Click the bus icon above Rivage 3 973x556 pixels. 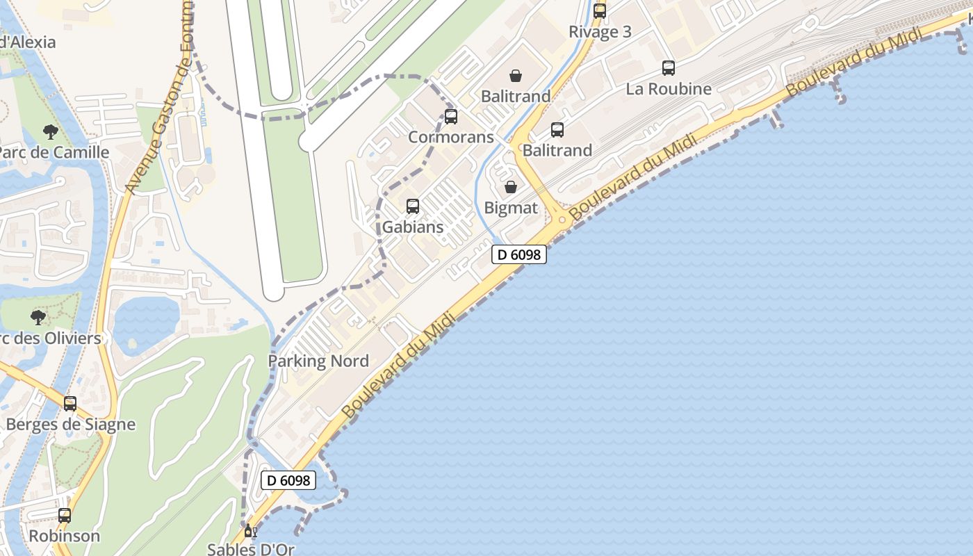point(600,10)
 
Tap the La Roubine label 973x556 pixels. point(669,89)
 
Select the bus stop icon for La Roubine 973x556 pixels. point(669,68)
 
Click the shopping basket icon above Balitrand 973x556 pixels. point(516,75)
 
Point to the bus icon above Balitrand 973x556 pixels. point(557,129)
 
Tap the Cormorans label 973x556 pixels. point(450,137)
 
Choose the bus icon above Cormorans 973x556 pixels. point(451,116)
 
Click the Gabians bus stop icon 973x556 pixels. point(413,206)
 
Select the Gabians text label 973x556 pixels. point(413,227)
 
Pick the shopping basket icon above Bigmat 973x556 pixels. point(511,186)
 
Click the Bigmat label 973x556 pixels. point(511,208)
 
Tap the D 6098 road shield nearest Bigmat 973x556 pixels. point(519,255)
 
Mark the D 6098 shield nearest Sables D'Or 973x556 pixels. point(288,480)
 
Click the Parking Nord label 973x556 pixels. point(318,361)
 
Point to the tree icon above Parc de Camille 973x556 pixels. point(50,131)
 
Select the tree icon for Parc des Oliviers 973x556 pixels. point(38,318)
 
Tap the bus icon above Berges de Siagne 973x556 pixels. point(70,403)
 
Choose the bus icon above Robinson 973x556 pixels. point(65,516)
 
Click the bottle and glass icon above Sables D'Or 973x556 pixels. point(251,532)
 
